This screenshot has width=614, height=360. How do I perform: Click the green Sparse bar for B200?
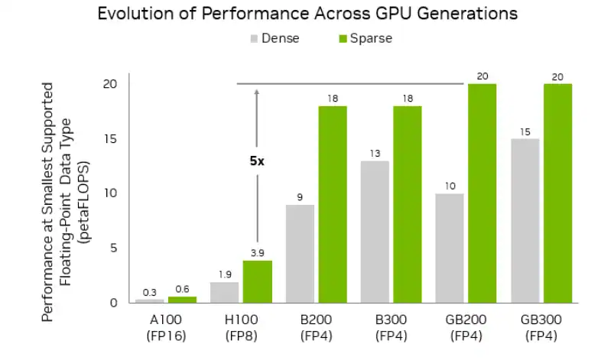333,204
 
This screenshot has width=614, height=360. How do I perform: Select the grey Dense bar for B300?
375,232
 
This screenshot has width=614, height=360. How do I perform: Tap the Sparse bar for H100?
258,281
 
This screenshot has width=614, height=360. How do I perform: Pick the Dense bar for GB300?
525,220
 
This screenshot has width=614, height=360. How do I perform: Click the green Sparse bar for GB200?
482,193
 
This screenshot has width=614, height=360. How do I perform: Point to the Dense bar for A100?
150,300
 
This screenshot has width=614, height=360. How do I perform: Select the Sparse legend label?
372,38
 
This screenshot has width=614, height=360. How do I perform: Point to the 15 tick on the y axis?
111,139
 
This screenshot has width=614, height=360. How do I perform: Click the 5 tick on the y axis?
114,248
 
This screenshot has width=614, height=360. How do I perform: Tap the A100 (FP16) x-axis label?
166,327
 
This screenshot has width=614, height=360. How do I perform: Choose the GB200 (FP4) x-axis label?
466,327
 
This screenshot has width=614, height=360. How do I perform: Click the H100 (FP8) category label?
242,327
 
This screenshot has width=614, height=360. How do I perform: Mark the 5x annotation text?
257,161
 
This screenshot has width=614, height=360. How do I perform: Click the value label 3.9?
258,252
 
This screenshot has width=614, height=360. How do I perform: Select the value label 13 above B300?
375,153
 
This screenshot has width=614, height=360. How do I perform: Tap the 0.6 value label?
183,288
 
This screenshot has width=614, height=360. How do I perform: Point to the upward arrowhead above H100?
257,92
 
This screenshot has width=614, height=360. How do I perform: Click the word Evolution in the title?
136,14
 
